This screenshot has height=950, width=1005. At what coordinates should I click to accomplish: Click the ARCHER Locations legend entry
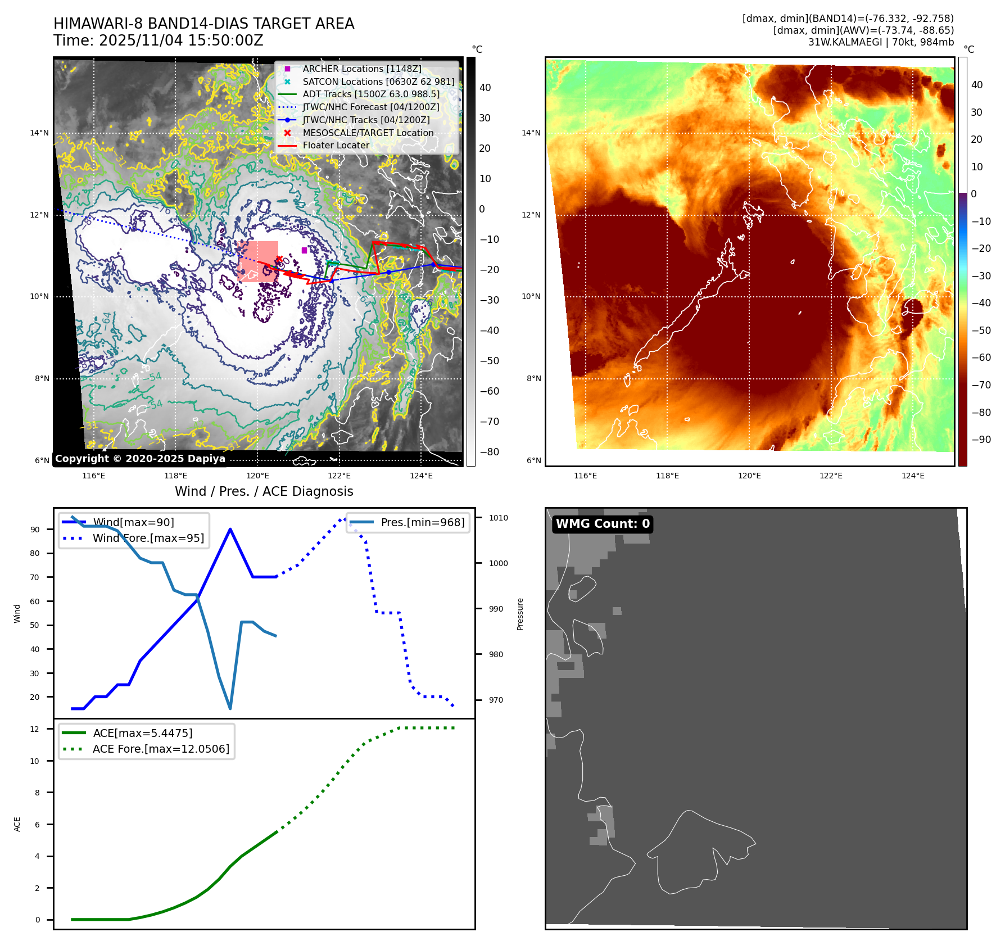361,69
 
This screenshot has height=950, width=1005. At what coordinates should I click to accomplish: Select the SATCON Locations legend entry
378,82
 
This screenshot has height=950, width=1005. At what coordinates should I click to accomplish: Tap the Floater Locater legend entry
336,145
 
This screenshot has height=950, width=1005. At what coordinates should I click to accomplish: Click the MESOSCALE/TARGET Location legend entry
368,133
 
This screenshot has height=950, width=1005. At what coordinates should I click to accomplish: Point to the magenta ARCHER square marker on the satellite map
304,250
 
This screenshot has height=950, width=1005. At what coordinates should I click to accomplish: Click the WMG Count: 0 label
602,523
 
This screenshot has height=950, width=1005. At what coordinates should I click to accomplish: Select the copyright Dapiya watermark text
140,459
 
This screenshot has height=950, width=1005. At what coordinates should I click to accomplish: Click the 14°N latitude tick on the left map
39,133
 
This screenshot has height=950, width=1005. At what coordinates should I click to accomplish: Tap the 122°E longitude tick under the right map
831,476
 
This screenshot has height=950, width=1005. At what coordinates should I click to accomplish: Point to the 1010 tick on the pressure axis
498,518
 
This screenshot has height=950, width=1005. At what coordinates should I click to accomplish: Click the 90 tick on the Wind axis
35,530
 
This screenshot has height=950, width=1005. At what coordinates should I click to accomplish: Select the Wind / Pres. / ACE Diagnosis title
264,491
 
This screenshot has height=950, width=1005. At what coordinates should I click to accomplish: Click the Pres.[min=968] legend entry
422,522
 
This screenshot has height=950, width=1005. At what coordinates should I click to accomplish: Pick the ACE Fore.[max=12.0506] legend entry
161,749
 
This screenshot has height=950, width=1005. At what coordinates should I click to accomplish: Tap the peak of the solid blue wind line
230,529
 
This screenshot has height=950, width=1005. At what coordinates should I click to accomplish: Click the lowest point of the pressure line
230,708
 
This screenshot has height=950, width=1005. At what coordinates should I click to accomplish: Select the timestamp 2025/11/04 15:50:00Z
181,40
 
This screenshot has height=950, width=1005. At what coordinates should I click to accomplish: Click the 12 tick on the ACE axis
35,729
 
